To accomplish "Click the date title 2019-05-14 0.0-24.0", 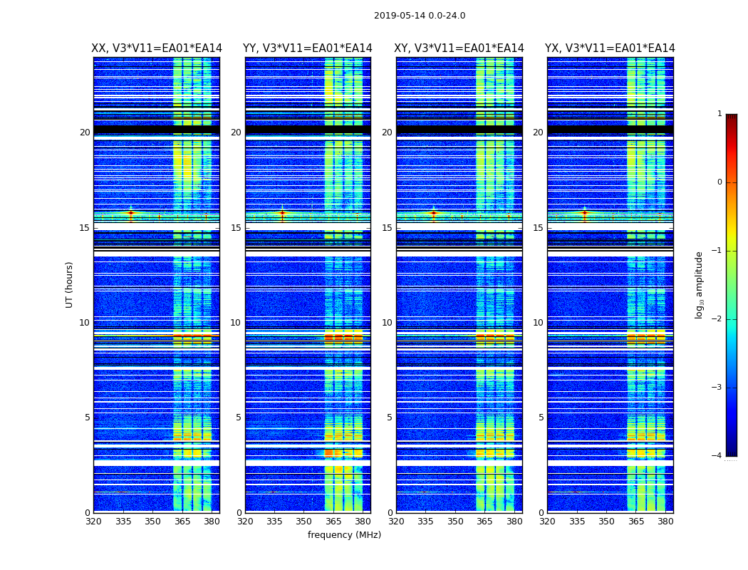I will pyautogui.click(x=420, y=16).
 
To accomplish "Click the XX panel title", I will pyautogui.click(x=157, y=48).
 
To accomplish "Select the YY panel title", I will pyautogui.click(x=308, y=48).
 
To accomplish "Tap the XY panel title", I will pyautogui.click(x=459, y=48).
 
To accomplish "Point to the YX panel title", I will pyautogui.click(x=610, y=48).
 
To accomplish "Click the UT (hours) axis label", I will pyautogui.click(x=70, y=284).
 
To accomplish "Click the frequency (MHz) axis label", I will pyautogui.click(x=344, y=535).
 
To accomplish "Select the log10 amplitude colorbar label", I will pyautogui.click(x=700, y=284).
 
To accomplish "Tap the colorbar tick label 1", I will pyautogui.click(x=720, y=114).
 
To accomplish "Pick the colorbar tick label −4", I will pyautogui.click(x=717, y=456).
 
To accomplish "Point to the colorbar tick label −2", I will pyautogui.click(x=717, y=319).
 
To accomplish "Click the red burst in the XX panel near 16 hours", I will pyautogui.click(x=130, y=212).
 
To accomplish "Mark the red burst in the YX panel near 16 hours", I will pyautogui.click(x=585, y=212).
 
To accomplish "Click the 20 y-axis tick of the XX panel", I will pyautogui.click(x=85, y=133).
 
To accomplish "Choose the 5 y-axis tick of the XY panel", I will pyautogui.click(x=390, y=418).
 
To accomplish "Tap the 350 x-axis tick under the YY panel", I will pyautogui.click(x=304, y=521).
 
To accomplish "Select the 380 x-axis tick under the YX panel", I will pyautogui.click(x=665, y=521).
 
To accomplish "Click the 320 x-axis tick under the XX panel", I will pyautogui.click(x=93, y=521).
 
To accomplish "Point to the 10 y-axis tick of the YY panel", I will pyautogui.click(x=235, y=323).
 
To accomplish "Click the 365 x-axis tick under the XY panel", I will pyautogui.click(x=484, y=521).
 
